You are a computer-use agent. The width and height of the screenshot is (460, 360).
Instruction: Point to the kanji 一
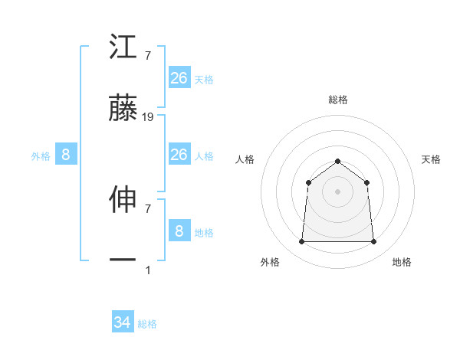tap(123, 261)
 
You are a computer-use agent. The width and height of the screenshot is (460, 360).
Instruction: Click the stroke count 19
tap(149, 117)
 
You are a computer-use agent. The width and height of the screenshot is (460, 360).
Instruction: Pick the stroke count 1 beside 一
tap(148, 270)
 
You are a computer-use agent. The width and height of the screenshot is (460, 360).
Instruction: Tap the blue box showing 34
tap(123, 322)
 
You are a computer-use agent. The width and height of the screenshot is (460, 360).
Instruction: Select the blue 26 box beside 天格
tap(179, 77)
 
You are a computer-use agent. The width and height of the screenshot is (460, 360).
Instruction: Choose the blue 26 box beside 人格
tap(179, 155)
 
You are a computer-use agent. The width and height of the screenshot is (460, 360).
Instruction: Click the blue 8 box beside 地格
tap(179, 231)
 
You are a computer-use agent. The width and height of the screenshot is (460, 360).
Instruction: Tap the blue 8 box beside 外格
tap(66, 155)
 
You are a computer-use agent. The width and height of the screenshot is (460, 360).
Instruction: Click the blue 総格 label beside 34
tap(147, 324)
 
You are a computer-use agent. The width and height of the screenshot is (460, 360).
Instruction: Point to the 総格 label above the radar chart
tap(337, 100)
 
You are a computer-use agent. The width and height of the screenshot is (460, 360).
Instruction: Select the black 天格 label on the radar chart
tap(431, 159)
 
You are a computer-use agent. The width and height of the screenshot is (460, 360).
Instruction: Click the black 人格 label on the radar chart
tap(245, 159)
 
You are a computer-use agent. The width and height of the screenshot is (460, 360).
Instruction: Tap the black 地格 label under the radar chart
tap(402, 262)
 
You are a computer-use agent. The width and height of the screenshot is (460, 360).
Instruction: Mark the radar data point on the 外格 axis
tap(301, 242)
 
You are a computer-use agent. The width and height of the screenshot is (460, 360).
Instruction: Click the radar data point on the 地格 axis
tap(373, 242)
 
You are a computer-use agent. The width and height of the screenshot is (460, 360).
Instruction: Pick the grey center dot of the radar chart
tap(337, 191)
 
